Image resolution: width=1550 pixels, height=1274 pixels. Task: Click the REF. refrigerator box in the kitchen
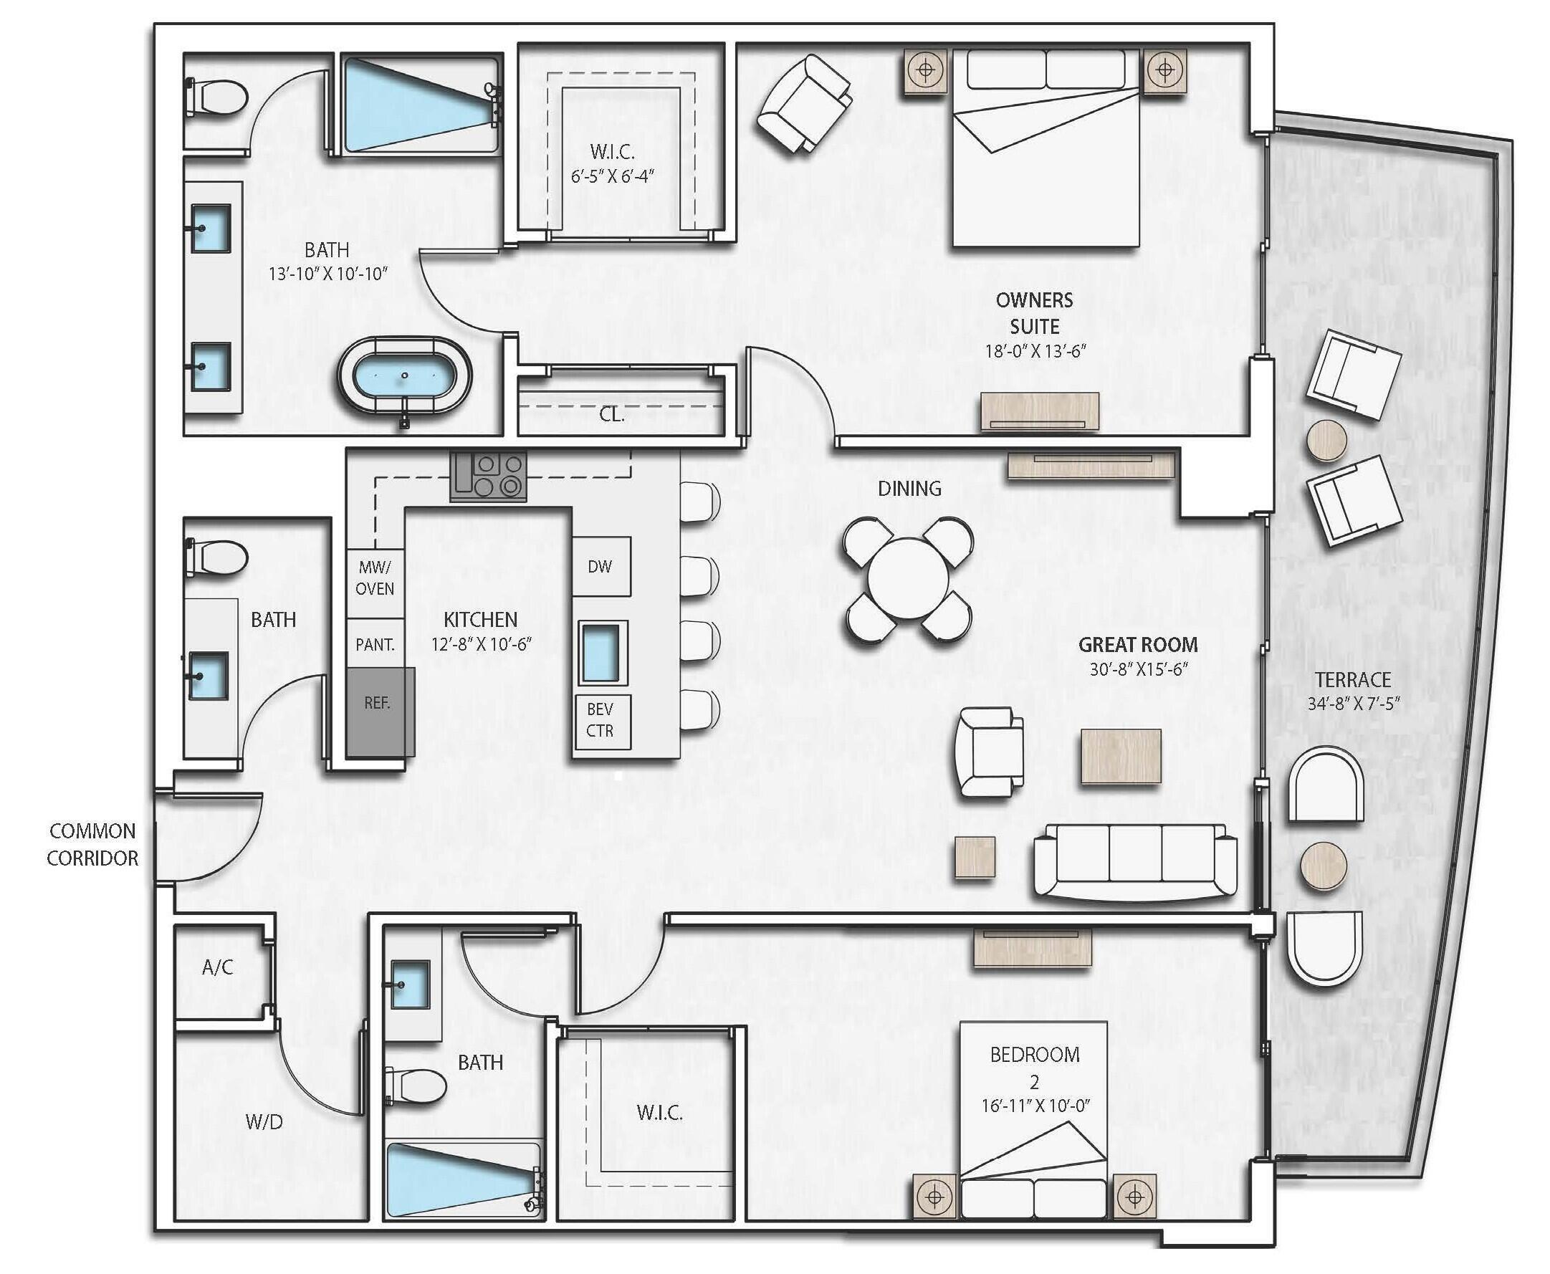(x=378, y=710)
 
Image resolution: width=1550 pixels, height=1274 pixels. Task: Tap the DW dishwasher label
(x=601, y=566)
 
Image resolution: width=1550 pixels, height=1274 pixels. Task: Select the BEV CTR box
(x=601, y=720)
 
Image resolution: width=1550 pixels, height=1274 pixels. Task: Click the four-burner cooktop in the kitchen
(x=488, y=476)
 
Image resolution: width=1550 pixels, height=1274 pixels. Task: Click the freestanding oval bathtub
(x=404, y=378)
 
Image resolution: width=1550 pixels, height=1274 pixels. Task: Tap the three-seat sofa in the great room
(x=1135, y=861)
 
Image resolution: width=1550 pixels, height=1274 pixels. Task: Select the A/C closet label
(x=217, y=967)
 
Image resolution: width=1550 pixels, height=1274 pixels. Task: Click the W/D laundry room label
(x=264, y=1122)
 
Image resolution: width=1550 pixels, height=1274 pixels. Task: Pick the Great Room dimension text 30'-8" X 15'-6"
(x=1138, y=669)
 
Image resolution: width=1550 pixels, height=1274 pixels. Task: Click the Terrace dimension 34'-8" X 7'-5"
(x=1354, y=703)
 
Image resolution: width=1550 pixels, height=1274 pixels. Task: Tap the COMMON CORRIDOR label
(x=92, y=844)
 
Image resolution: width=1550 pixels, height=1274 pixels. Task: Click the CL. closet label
(x=611, y=414)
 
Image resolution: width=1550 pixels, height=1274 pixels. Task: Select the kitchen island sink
(x=603, y=651)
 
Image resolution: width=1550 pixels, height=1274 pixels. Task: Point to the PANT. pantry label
(x=375, y=645)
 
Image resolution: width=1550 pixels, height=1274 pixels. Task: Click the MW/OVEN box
(x=375, y=578)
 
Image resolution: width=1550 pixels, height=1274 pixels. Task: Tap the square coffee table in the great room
(x=1120, y=757)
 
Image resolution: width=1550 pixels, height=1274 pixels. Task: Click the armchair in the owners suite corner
(x=803, y=104)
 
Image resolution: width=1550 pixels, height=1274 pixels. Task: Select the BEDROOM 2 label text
(x=1035, y=1068)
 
